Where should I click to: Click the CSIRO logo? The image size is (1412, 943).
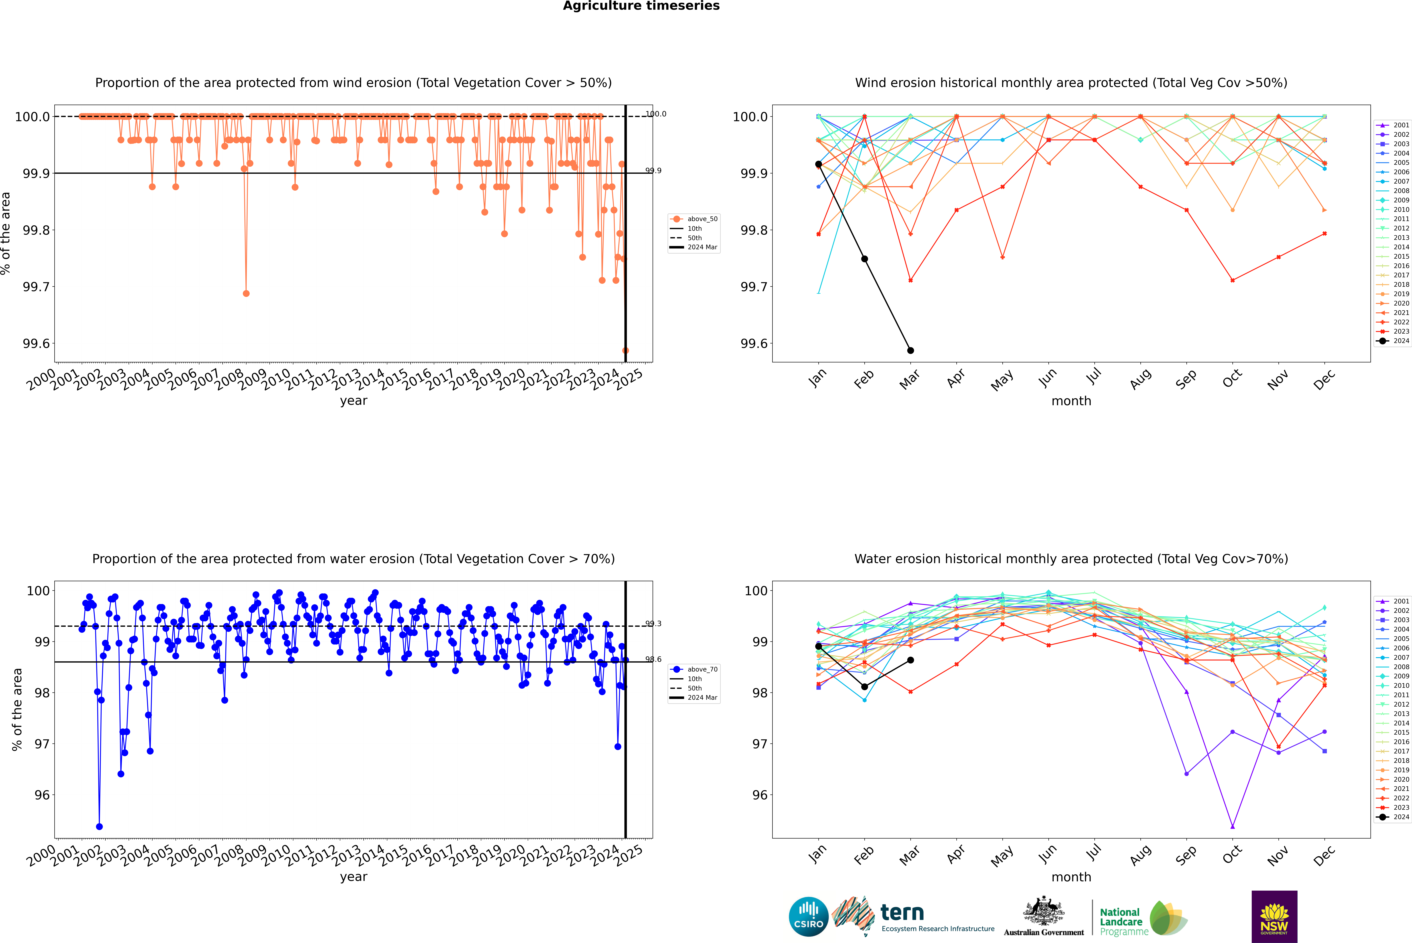(808, 917)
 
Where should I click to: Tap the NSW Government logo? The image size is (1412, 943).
(1274, 917)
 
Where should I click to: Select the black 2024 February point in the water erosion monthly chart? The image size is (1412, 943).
(864, 687)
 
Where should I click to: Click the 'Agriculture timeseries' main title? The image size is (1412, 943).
(641, 6)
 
